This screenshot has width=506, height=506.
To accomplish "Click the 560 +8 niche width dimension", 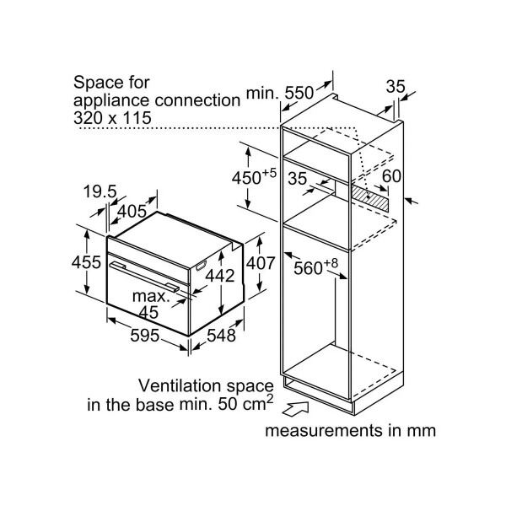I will [x=314, y=268].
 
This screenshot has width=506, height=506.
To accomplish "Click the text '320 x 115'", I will [x=112, y=118].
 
